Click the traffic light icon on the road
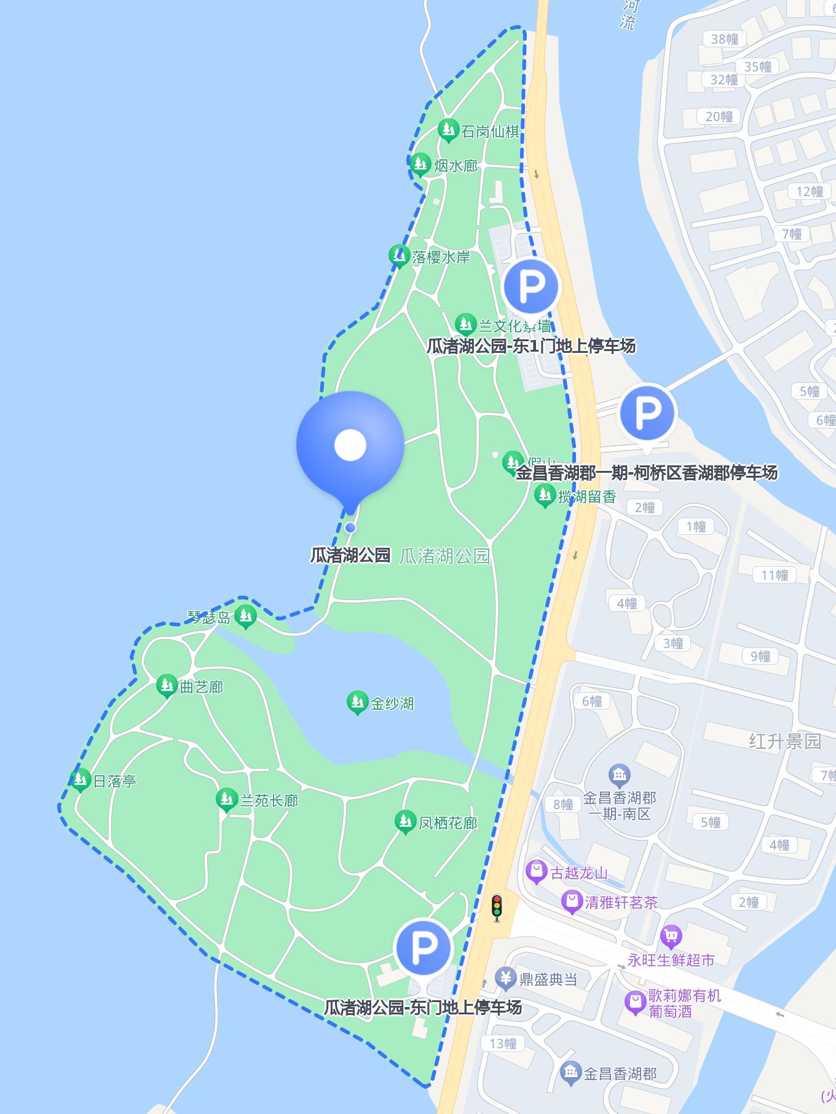(x=497, y=907)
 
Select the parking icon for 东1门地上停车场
(x=531, y=286)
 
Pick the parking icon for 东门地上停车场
(x=424, y=947)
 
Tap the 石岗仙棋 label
(x=490, y=132)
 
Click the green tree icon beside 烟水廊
(x=420, y=164)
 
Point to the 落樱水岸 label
(x=441, y=257)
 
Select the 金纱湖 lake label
(x=392, y=703)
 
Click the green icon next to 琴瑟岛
(x=245, y=615)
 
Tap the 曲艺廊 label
(x=201, y=687)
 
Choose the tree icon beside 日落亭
(x=81, y=780)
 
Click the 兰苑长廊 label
(x=269, y=800)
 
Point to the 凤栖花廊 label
(x=448, y=823)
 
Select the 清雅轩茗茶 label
(x=621, y=903)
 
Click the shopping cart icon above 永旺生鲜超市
(x=671, y=937)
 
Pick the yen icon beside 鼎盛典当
(x=506, y=978)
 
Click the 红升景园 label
(x=784, y=741)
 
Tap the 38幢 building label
(x=725, y=39)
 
